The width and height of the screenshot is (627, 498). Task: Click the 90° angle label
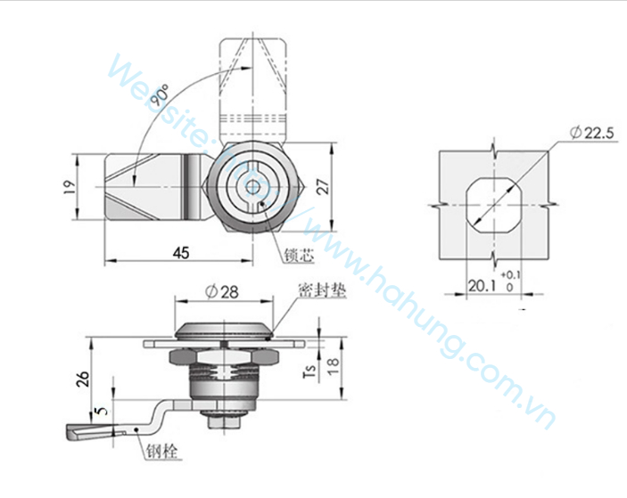[161, 94]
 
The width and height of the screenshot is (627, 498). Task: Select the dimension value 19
[70, 187]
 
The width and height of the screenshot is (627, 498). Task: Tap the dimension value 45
[181, 252]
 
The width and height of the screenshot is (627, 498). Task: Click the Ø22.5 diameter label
[592, 132]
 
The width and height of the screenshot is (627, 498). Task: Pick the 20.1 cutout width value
[482, 286]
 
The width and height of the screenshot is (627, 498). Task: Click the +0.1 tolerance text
[511, 274]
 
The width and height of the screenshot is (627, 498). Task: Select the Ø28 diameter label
[222, 292]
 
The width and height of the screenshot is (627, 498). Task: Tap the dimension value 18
[333, 366]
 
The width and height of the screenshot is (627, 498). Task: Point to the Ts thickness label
[309, 371]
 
